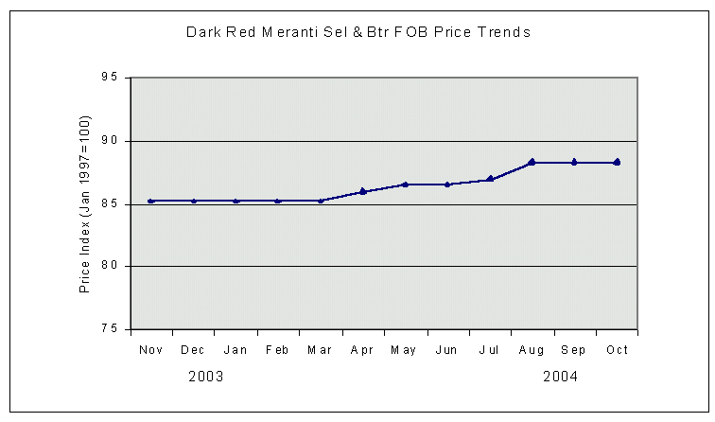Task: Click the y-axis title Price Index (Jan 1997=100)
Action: [x=84, y=204]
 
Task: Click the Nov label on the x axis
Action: [x=151, y=351]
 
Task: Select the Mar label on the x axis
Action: [x=320, y=351]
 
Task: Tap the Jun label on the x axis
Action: [x=447, y=351]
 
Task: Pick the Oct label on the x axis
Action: [x=617, y=351]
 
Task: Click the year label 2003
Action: [x=205, y=377]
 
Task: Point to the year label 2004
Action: [x=560, y=377]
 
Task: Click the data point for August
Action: [x=532, y=162]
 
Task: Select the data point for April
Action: [x=363, y=191]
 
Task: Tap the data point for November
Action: [x=151, y=201]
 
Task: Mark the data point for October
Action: [x=617, y=162]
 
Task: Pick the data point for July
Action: [x=490, y=179]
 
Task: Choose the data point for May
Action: [x=405, y=185]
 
